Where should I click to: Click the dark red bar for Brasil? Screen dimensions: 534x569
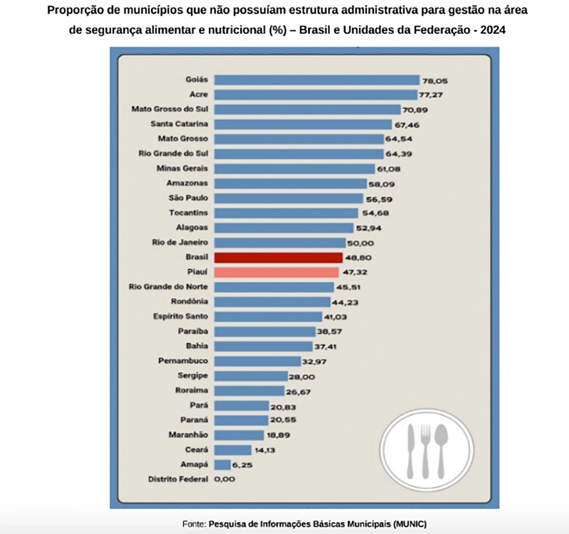click(x=278, y=257)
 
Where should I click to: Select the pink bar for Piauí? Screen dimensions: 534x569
click(x=276, y=272)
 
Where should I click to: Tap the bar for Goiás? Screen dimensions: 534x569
click(x=317, y=80)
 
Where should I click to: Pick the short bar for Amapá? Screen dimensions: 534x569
click(x=222, y=465)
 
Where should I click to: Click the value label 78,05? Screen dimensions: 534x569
click(x=435, y=81)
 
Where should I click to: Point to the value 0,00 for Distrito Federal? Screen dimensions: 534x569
click(x=225, y=479)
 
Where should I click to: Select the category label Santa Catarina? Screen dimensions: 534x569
click(x=179, y=124)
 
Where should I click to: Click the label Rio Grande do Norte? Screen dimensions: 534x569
click(x=168, y=287)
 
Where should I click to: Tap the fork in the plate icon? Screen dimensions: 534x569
click(x=425, y=450)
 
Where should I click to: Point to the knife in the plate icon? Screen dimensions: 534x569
click(x=411, y=450)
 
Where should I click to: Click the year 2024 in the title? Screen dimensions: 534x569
click(x=493, y=30)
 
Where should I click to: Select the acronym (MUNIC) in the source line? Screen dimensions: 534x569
click(x=410, y=524)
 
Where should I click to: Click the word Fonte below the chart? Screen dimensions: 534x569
click(x=193, y=524)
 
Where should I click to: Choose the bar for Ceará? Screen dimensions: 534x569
click(x=233, y=450)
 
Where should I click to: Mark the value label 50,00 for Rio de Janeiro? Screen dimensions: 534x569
click(x=360, y=243)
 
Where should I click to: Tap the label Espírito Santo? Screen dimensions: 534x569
click(x=180, y=316)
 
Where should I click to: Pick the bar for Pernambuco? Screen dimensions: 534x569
click(x=257, y=361)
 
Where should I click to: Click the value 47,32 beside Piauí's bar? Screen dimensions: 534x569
click(x=355, y=272)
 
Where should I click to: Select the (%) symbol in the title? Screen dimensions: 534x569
click(x=278, y=30)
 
